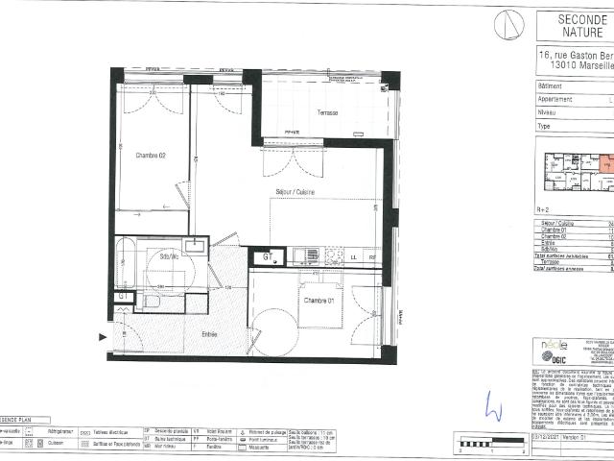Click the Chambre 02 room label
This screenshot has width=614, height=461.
click(x=151, y=156)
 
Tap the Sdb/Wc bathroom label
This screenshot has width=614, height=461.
click(x=171, y=256)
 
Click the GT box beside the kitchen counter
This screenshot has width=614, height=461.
click(x=267, y=257)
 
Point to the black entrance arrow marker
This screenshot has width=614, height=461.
click(x=103, y=336)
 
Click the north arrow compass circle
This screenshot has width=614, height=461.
click(x=508, y=25)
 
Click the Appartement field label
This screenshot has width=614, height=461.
click(x=555, y=98)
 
